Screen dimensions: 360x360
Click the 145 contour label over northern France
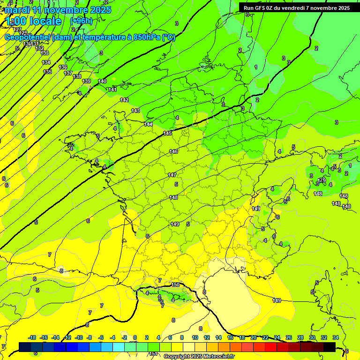point(167,134)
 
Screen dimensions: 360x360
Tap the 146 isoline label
point(173,151)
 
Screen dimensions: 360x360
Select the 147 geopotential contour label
point(172,175)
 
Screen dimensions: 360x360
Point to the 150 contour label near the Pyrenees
point(175,285)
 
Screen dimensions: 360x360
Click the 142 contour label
point(124,100)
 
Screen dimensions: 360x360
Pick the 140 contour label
point(102,81)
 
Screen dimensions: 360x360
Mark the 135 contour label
point(47,72)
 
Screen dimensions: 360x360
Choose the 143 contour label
point(135,111)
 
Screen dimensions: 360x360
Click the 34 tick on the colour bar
point(335,337)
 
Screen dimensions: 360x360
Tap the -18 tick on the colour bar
point(32,337)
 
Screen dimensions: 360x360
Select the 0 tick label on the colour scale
point(135,337)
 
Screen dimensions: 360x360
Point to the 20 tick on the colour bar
point(254,337)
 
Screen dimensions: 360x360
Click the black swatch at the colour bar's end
point(330,347)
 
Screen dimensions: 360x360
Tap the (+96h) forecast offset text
point(81,21)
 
